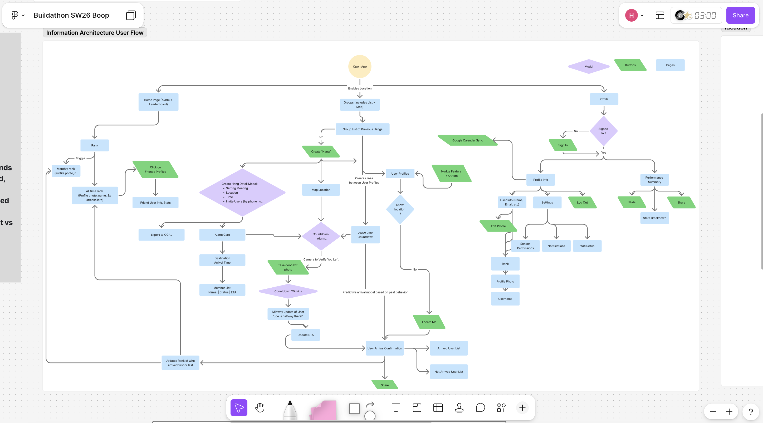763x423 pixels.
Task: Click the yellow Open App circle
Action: coord(360,67)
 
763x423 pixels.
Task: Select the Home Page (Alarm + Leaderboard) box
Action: coord(158,102)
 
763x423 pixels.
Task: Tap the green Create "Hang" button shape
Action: coord(321,151)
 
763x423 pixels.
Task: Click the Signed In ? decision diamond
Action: coord(603,131)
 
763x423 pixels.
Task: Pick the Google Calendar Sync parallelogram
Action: coord(467,140)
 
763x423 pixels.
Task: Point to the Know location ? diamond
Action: coord(400,209)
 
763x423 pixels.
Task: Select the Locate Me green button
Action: coord(429,322)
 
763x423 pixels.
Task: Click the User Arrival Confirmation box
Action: coord(384,348)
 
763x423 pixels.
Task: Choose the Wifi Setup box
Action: coord(587,246)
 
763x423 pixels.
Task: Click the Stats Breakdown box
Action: coord(654,218)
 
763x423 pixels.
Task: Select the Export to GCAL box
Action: coord(161,234)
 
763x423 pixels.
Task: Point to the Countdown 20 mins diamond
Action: coord(288,291)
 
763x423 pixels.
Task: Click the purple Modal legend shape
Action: coord(589,67)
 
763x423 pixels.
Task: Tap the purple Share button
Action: coord(740,15)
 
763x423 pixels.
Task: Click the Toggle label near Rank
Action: coord(80,158)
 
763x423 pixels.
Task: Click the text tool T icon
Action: coord(396,408)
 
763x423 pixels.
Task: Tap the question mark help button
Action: coord(751,411)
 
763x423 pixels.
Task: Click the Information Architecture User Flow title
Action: coord(95,33)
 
